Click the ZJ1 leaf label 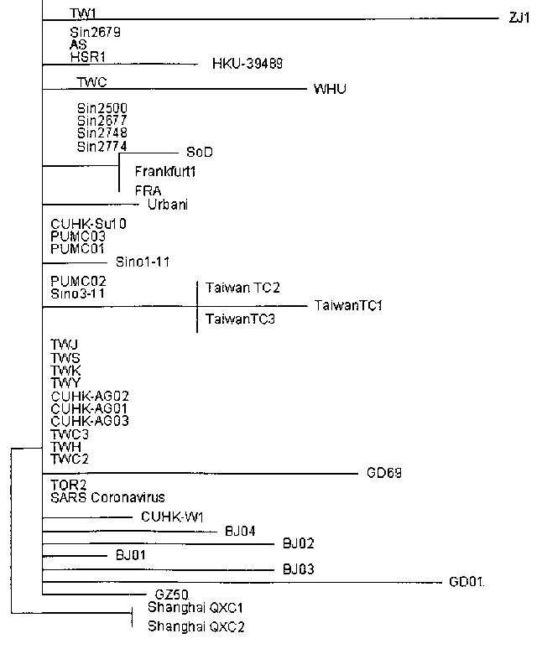[x=519, y=17]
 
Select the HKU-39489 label [x=248, y=64]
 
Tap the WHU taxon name [x=330, y=89]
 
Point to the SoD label [x=199, y=152]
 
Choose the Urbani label [x=167, y=205]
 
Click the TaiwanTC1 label [x=348, y=306]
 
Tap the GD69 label [x=384, y=473]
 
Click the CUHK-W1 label [x=172, y=517]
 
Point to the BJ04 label [x=241, y=531]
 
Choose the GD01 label [x=467, y=581]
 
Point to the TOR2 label [x=68, y=485]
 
